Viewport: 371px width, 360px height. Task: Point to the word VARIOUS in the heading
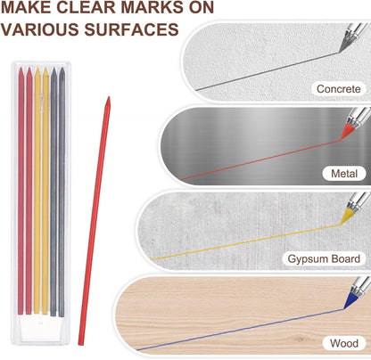click(x=39, y=29)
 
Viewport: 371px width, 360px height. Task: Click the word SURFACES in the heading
click(x=131, y=29)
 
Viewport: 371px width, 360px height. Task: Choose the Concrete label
click(x=338, y=88)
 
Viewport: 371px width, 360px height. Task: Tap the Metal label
click(x=344, y=173)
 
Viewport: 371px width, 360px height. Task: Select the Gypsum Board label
click(x=324, y=258)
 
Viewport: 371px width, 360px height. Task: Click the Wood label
click(x=344, y=343)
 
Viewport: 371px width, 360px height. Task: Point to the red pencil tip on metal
click(x=342, y=139)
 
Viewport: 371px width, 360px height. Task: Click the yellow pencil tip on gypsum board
click(x=342, y=224)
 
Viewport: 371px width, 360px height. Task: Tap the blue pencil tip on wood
click(x=344, y=308)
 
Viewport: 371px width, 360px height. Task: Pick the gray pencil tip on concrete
click(x=340, y=52)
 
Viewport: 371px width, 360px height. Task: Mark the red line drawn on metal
click(x=260, y=160)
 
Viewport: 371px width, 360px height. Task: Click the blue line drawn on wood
click(x=241, y=330)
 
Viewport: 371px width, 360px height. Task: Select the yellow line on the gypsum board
click(x=246, y=242)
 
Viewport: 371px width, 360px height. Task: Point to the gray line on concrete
click(x=268, y=71)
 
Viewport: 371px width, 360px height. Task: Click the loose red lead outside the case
click(x=95, y=221)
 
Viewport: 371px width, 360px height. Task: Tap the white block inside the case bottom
click(x=41, y=327)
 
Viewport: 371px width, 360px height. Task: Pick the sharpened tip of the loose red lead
click(x=109, y=97)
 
